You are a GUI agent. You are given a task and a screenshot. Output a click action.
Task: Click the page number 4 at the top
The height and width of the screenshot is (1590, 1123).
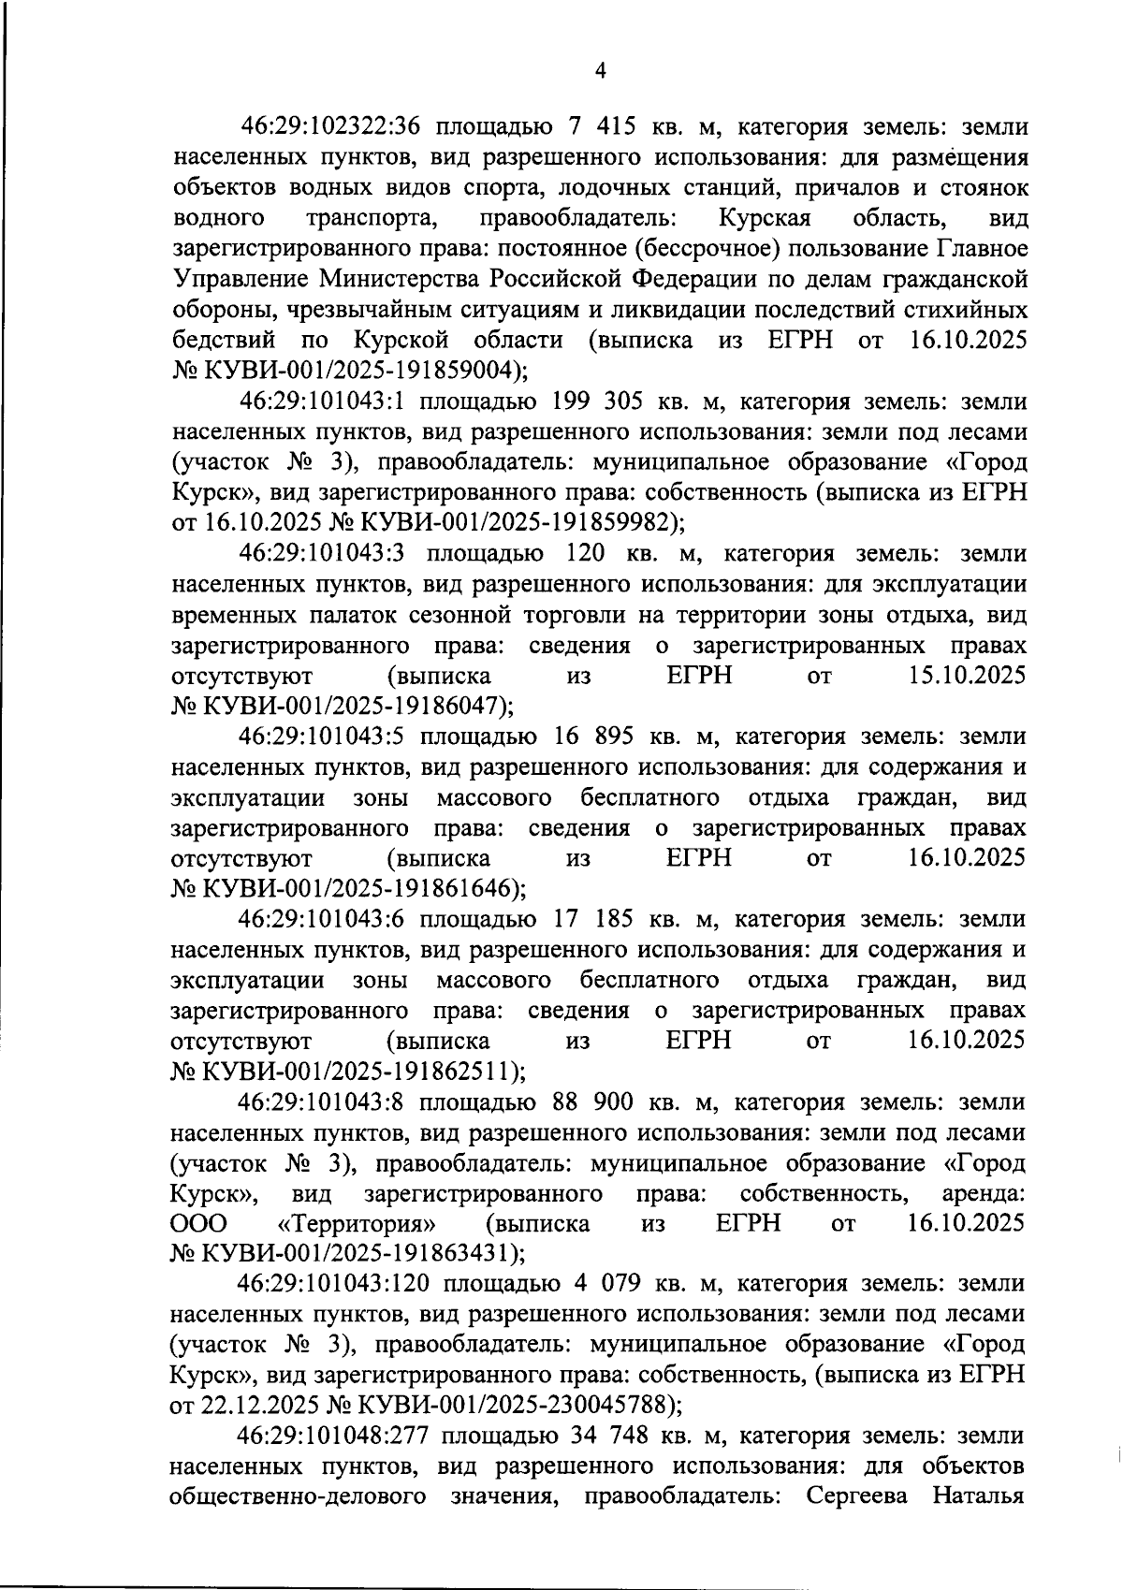click(x=600, y=71)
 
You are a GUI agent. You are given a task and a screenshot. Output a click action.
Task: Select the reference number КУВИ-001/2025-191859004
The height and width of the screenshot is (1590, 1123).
click(x=358, y=370)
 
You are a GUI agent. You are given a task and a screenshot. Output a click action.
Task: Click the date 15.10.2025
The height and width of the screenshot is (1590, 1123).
click(x=967, y=675)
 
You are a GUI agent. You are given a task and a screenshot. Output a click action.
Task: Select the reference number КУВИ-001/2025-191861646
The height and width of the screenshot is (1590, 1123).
click(x=358, y=887)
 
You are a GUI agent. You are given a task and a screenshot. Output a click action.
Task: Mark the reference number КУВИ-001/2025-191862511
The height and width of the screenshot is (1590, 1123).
click(x=358, y=1070)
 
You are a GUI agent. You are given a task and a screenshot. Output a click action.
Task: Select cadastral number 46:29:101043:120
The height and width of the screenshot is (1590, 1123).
click(x=333, y=1283)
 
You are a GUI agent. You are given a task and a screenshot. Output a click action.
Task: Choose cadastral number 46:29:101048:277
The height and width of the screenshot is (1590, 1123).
click(x=333, y=1436)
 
